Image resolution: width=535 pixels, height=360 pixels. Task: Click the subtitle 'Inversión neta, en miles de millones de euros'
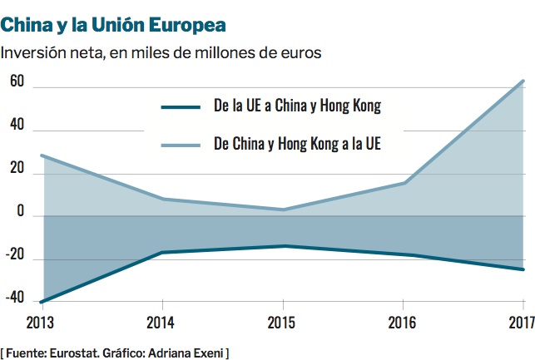[161, 53]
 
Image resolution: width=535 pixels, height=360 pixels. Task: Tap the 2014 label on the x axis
[161, 322]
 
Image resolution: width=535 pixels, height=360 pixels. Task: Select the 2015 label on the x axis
[283, 322]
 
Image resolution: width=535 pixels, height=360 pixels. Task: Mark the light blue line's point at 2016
[404, 183]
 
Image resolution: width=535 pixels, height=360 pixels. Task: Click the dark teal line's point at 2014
[161, 252]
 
